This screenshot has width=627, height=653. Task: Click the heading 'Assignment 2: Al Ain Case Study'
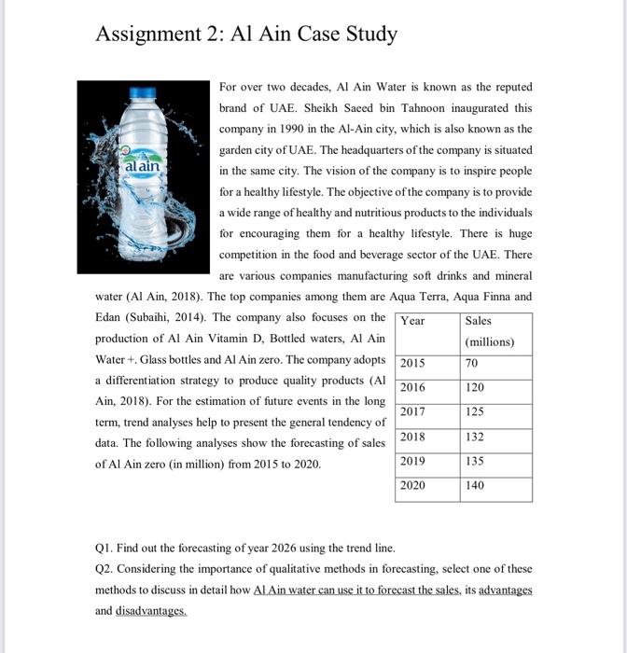(x=246, y=35)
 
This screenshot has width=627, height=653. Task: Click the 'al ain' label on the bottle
(x=141, y=165)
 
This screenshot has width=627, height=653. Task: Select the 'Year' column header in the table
(x=412, y=320)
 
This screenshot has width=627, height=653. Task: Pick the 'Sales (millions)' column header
(x=490, y=330)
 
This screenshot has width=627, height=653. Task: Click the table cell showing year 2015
(x=412, y=363)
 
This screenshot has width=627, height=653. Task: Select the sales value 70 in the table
(x=471, y=363)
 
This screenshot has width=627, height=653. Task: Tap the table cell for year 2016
(x=412, y=387)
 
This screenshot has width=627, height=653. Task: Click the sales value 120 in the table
(x=474, y=387)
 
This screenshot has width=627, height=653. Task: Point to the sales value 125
(x=474, y=411)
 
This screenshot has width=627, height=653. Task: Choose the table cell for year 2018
(x=412, y=436)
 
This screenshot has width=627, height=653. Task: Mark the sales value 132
(x=474, y=436)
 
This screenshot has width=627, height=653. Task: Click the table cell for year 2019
(x=412, y=460)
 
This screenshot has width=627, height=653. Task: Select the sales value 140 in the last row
(x=474, y=485)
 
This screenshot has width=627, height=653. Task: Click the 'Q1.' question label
(x=104, y=548)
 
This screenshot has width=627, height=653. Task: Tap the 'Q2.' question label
(x=104, y=568)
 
